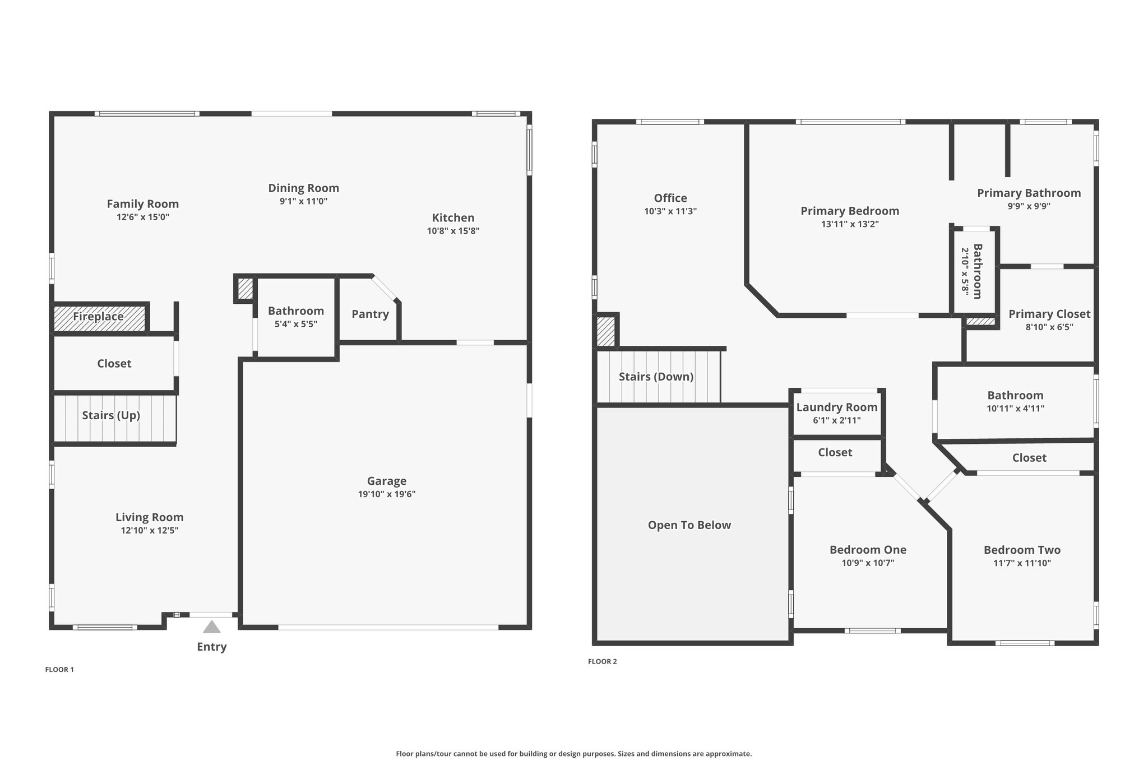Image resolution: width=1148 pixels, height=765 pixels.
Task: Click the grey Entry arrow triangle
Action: click(211, 627)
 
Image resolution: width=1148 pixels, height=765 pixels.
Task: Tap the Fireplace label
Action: click(98, 317)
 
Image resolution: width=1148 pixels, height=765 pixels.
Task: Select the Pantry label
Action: click(370, 314)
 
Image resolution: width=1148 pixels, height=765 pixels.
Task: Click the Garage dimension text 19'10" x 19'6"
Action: click(387, 494)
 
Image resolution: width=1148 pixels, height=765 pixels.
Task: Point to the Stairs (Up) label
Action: click(111, 415)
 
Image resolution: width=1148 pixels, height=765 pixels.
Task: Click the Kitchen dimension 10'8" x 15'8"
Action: click(453, 231)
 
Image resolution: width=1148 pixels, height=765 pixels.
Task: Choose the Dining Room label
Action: click(303, 188)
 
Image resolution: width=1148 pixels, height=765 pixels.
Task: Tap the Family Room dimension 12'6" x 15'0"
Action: click(143, 217)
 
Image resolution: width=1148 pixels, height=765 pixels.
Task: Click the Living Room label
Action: click(150, 517)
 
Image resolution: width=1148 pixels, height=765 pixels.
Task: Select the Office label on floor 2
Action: click(670, 198)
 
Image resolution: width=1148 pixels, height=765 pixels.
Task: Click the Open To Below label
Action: click(689, 525)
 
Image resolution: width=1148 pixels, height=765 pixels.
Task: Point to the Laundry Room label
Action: click(837, 407)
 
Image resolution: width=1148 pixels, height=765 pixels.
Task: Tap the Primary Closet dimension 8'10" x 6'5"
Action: click(1049, 327)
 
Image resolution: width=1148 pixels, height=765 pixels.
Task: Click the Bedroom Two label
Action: click(1022, 550)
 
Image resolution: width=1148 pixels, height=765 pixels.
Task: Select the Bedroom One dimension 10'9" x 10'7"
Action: click(868, 563)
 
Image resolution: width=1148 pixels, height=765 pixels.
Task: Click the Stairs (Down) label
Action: click(656, 377)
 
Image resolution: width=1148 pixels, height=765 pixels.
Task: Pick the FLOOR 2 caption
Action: click(602, 661)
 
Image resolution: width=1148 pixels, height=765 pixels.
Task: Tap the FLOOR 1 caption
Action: click(59, 669)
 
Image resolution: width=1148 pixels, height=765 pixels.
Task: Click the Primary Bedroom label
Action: click(850, 211)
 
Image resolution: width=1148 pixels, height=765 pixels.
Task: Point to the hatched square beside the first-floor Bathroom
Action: click(245, 289)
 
